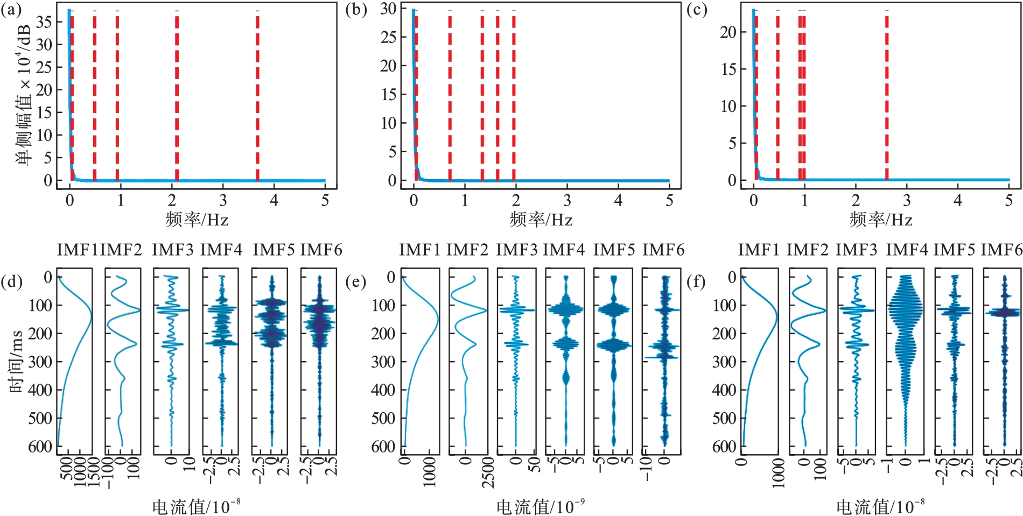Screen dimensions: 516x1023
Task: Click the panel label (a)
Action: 11,10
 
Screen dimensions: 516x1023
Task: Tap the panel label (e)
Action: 355,281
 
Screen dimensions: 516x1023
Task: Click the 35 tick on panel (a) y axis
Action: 44,22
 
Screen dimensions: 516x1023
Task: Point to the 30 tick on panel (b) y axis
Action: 388,9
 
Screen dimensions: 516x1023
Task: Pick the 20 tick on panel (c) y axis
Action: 728,32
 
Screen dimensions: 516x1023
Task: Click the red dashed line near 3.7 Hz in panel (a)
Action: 257,97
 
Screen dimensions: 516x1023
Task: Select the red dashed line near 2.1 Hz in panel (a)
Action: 177,97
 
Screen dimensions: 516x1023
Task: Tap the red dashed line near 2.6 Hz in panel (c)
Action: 887,97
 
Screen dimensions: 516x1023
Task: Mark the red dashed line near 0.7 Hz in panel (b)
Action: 450,97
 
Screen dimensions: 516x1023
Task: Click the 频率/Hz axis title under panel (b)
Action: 541,220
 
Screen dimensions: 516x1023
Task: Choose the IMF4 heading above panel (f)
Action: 907,250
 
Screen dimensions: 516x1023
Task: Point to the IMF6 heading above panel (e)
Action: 663,250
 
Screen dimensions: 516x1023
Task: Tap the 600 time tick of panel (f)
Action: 724,446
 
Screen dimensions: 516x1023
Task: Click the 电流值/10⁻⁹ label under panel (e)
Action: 540,506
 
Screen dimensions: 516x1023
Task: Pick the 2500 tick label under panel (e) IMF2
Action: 488,472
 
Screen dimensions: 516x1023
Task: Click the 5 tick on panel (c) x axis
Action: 1008,201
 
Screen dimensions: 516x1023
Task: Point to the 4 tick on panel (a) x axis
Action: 274,201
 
